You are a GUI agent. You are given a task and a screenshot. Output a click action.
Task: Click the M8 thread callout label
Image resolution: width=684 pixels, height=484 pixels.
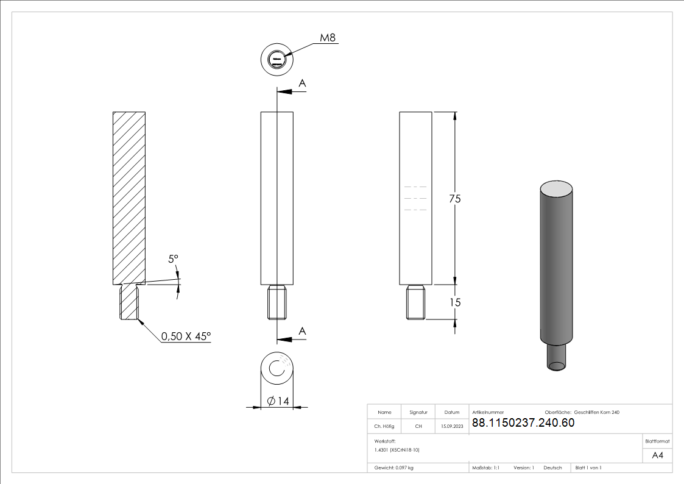tap(328, 38)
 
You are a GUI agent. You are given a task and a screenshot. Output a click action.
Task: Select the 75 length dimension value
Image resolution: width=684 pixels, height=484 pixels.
tap(454, 199)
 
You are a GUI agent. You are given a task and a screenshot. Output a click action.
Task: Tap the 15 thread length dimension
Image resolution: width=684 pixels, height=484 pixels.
tap(454, 302)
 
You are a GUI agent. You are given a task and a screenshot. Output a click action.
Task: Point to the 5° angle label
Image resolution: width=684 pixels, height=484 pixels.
tap(173, 259)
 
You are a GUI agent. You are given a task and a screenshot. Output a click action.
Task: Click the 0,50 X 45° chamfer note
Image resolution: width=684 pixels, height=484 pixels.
tap(186, 336)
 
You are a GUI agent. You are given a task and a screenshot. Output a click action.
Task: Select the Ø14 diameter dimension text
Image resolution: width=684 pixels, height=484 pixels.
tap(278, 400)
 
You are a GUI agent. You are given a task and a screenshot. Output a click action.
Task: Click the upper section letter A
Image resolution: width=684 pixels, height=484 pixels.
tap(302, 83)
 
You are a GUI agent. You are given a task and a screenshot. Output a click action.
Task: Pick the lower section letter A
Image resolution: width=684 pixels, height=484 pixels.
tap(302, 330)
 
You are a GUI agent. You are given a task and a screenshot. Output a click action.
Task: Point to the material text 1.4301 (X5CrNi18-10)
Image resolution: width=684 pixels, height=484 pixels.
tap(397, 449)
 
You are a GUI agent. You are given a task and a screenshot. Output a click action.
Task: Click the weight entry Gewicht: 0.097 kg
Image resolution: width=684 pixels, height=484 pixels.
tap(394, 468)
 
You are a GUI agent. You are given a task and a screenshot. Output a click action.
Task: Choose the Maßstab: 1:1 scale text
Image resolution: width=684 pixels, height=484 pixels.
tap(486, 468)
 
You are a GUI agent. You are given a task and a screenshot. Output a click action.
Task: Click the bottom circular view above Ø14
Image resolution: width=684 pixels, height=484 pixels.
tap(277, 368)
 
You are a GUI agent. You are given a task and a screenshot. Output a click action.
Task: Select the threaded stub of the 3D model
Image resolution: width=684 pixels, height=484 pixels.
tap(557, 356)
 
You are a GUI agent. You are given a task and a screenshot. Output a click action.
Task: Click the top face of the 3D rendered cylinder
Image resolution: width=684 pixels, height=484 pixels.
tap(557, 188)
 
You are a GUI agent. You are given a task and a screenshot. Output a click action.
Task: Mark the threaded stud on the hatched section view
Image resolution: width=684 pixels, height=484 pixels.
tap(129, 302)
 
